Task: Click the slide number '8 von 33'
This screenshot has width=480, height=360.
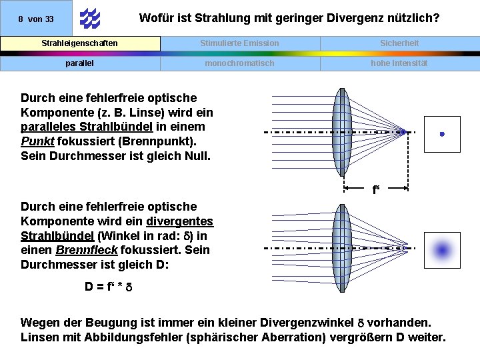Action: click(36, 19)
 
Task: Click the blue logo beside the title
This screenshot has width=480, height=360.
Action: click(89, 19)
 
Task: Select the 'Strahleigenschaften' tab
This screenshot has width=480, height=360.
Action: click(80, 43)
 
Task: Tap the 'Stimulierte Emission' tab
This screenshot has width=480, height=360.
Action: click(240, 43)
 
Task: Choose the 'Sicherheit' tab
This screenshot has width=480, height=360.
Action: click(399, 43)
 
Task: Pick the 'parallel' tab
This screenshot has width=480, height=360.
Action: click(80, 63)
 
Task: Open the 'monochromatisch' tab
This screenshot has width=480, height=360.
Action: click(240, 63)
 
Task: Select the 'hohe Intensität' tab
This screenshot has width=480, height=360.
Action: click(399, 63)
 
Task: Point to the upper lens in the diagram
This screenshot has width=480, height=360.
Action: click(341, 133)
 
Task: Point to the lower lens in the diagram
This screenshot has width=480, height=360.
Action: click(341, 248)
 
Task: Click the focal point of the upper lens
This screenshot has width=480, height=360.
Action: click(403, 133)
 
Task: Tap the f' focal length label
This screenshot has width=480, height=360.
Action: click(376, 190)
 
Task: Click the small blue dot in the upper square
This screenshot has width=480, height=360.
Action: click(442, 134)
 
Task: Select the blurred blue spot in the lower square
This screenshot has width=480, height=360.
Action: click(442, 250)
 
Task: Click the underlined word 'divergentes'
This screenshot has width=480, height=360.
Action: click(179, 221)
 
